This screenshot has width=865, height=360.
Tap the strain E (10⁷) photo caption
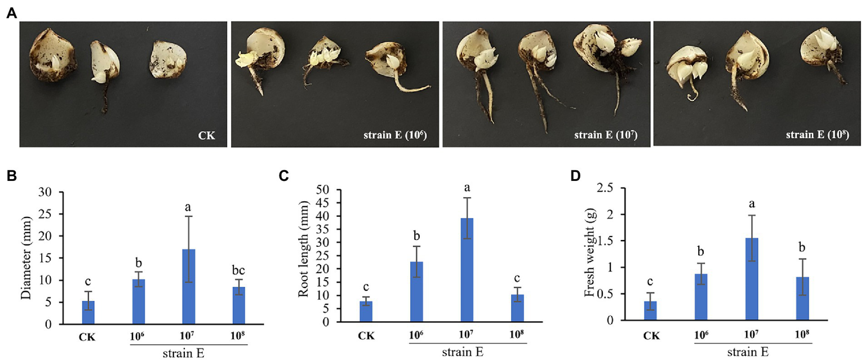pyautogui.click(x=604, y=136)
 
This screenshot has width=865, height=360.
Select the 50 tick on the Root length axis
pyautogui.click(x=327, y=190)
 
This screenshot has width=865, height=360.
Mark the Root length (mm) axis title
pyautogui.click(x=303, y=255)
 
